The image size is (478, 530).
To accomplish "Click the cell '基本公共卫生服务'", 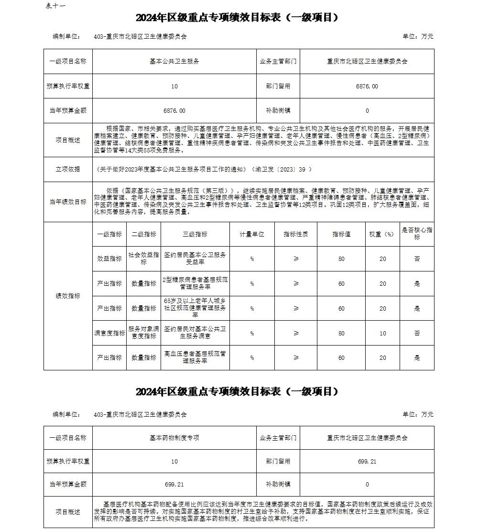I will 174,62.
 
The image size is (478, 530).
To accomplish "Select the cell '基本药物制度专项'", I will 174,438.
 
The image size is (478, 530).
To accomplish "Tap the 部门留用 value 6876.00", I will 367,87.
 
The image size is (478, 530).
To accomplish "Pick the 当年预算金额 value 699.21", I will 174,485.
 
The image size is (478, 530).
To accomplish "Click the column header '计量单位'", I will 252,234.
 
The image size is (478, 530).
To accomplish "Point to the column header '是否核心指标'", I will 417,234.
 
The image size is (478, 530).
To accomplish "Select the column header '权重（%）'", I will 382,234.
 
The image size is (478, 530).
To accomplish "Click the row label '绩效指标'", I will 68,296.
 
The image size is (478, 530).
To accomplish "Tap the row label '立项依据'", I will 68,169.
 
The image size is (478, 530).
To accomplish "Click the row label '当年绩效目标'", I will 68,202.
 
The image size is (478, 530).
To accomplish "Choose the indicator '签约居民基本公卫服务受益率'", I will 195,259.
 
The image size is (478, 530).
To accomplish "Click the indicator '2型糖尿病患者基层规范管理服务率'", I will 195,283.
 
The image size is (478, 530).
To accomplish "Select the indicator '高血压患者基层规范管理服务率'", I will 195,357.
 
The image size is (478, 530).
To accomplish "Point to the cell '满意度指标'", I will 109,333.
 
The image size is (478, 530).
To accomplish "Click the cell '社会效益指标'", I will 144,259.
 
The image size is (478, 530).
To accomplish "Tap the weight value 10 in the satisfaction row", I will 382,333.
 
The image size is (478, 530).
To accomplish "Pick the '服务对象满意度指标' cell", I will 144,333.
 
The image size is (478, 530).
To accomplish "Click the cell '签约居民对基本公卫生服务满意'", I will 195,333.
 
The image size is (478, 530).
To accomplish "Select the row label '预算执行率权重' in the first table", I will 68,87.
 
